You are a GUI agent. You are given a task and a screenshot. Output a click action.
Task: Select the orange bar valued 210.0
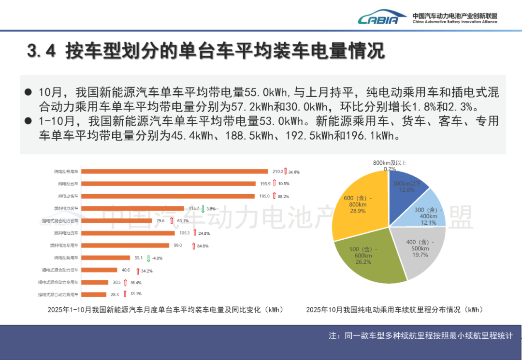coord(174,171)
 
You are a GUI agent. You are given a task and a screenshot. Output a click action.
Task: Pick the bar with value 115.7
coord(132,208)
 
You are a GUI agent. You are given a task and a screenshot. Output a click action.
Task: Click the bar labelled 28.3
coord(94,294)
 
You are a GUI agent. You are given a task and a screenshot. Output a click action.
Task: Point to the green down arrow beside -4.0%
coord(148,258)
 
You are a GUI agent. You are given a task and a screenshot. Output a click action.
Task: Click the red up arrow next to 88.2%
coord(274,196)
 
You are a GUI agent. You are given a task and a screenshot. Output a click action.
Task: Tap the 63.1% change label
coord(183,221)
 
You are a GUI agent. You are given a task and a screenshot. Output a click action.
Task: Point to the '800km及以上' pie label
coord(390,163)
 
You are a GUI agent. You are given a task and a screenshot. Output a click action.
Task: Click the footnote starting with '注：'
coord(420,335)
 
